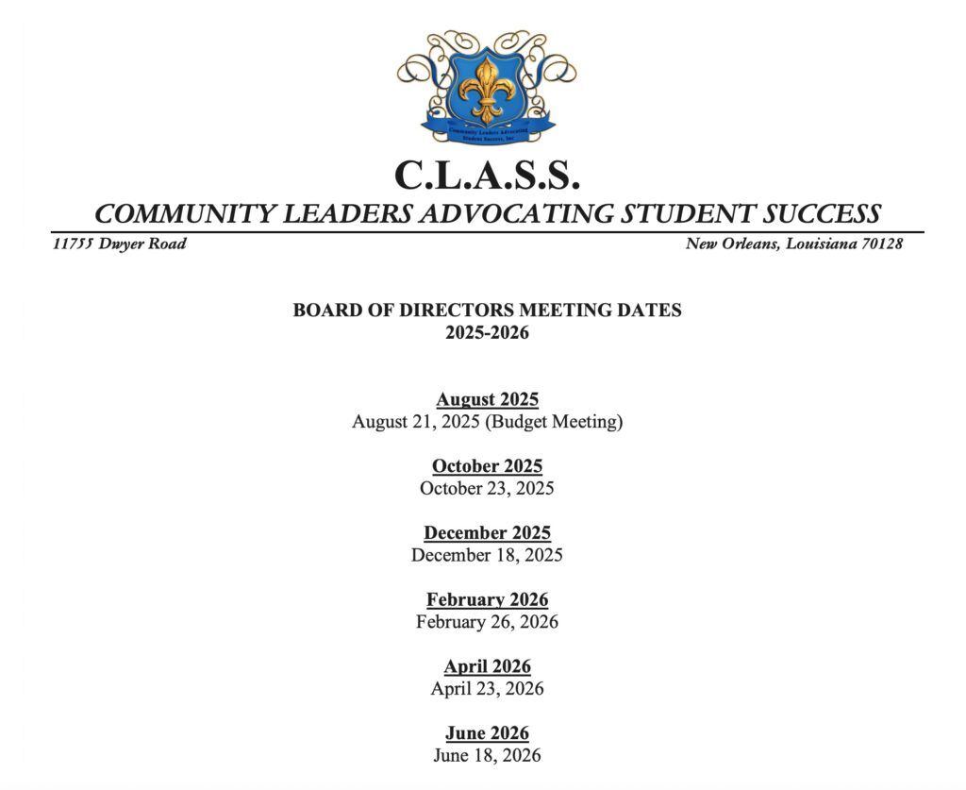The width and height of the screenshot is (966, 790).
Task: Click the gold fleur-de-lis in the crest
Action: pyautogui.click(x=487, y=89)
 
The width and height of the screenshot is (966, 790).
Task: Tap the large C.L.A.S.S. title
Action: pyautogui.click(x=487, y=175)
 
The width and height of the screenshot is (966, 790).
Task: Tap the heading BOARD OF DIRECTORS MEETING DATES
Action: pyautogui.click(x=487, y=310)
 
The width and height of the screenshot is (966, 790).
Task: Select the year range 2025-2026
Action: pyautogui.click(x=487, y=332)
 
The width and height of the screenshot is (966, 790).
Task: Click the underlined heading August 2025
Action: pyautogui.click(x=487, y=399)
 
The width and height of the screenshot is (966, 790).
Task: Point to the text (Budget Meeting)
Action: pyautogui.click(x=554, y=422)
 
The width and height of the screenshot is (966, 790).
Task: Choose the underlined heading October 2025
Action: pyautogui.click(x=487, y=466)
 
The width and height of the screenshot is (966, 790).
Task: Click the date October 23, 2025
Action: pyautogui.click(x=487, y=488)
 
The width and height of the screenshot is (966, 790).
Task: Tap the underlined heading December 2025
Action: pyautogui.click(x=487, y=533)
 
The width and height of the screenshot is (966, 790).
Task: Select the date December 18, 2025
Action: pyautogui.click(x=487, y=555)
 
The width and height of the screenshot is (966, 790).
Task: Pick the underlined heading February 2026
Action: pyautogui.click(x=487, y=599)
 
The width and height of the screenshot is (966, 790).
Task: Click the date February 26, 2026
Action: pyautogui.click(x=487, y=622)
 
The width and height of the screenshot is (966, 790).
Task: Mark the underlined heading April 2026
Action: pyautogui.click(x=487, y=666)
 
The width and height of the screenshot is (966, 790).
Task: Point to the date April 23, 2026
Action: pyautogui.click(x=487, y=688)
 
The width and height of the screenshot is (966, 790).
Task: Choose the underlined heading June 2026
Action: pyautogui.click(x=487, y=733)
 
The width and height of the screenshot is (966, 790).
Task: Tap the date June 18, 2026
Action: pyautogui.click(x=487, y=755)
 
